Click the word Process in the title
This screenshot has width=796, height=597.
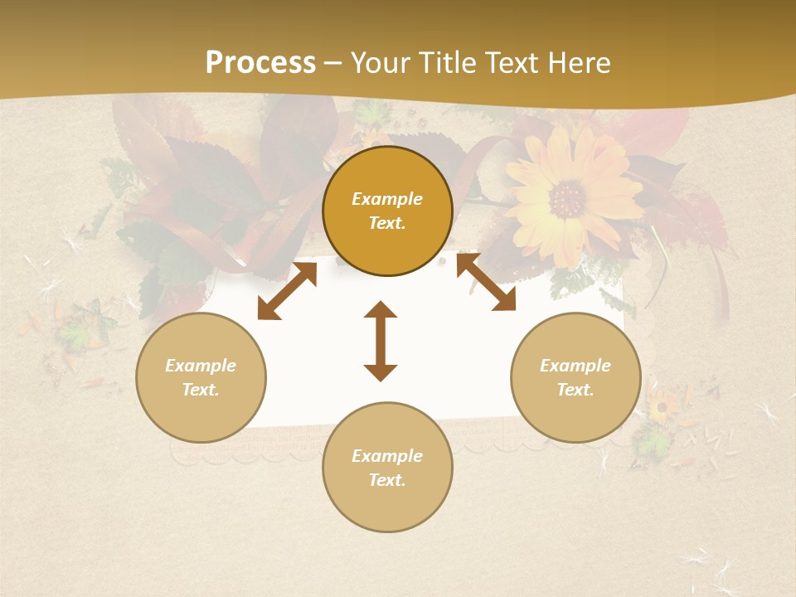pyautogui.click(x=260, y=63)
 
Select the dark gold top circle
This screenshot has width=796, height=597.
pyautogui.click(x=387, y=211)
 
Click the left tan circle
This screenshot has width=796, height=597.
pyautogui.click(x=201, y=377)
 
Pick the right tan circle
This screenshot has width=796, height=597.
pyautogui.click(x=575, y=377)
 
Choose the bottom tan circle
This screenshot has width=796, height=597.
pyautogui.click(x=387, y=467)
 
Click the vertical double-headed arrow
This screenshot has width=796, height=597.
pyautogui.click(x=381, y=341)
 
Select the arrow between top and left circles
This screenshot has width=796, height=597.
pyautogui.click(x=287, y=290)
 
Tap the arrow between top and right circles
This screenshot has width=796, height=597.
pyautogui.click(x=487, y=282)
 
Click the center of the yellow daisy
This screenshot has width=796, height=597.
pyautogui.click(x=567, y=198)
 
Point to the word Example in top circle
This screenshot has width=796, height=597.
pyautogui.click(x=387, y=199)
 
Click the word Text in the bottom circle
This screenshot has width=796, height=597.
pyautogui.click(x=387, y=480)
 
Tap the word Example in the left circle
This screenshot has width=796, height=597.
pyautogui.click(x=201, y=366)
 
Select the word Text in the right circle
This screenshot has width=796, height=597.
pyautogui.click(x=575, y=390)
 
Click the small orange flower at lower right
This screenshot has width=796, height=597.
pyautogui.click(x=661, y=406)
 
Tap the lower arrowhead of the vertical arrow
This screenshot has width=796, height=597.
pyautogui.click(x=381, y=372)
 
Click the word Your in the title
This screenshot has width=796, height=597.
pyautogui.click(x=381, y=63)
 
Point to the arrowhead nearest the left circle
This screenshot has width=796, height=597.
pyautogui.click(x=266, y=311)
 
